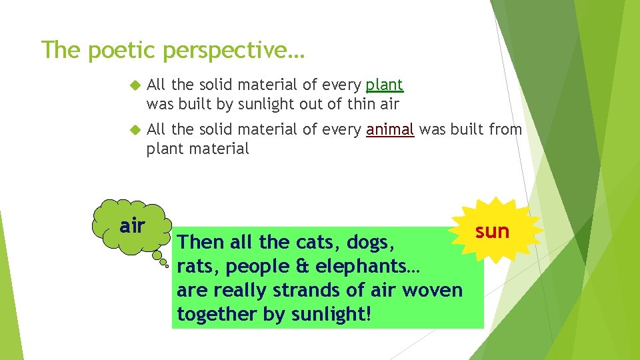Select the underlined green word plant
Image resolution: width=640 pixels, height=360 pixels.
385,85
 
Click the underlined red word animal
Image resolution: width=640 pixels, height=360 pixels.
390,130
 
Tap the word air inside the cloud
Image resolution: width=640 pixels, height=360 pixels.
132,226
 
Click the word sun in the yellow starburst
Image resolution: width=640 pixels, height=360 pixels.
492,231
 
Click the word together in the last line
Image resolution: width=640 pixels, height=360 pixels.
217,315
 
